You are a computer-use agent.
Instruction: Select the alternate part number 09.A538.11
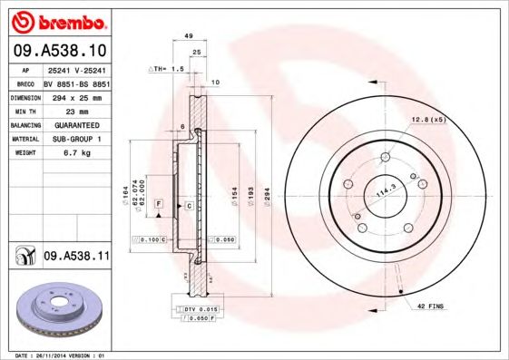click(75, 257)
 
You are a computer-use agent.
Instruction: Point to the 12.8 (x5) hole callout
click(427, 120)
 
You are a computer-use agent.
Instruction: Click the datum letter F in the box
click(159, 206)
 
